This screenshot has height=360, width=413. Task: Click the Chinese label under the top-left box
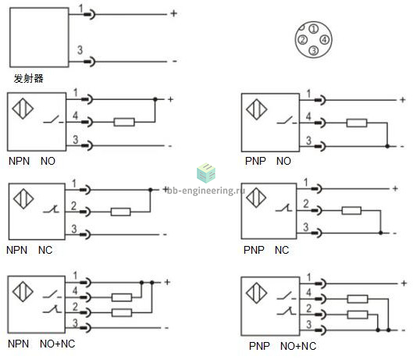[x=28, y=78]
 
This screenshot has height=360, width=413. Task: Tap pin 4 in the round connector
[x=324, y=40]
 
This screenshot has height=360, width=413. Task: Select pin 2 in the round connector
[x=303, y=40]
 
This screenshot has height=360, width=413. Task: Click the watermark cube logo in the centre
[x=206, y=173]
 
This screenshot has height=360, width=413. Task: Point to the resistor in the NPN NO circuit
[x=124, y=123]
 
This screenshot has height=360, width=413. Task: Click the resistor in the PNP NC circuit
[x=351, y=211]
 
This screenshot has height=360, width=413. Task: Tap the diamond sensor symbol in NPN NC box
[x=23, y=198]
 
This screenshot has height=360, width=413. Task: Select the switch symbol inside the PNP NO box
[x=287, y=120]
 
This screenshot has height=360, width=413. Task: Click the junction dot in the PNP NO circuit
[x=387, y=146]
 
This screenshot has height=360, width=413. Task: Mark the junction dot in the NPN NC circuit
[x=151, y=190]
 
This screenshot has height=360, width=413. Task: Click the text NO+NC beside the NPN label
[x=58, y=344]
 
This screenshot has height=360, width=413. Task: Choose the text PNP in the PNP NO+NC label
[x=259, y=346]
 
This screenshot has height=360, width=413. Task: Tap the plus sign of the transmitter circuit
[x=174, y=13]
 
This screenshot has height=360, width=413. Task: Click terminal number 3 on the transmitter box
[x=80, y=50]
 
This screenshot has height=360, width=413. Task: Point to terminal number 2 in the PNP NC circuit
[x=306, y=204]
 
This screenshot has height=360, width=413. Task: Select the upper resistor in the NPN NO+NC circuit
[x=122, y=298]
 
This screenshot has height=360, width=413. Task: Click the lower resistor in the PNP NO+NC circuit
[x=358, y=315]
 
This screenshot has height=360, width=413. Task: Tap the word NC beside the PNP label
[x=282, y=250]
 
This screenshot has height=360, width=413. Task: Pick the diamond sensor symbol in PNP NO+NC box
[x=256, y=293]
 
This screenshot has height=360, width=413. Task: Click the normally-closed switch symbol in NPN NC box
[x=52, y=209]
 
